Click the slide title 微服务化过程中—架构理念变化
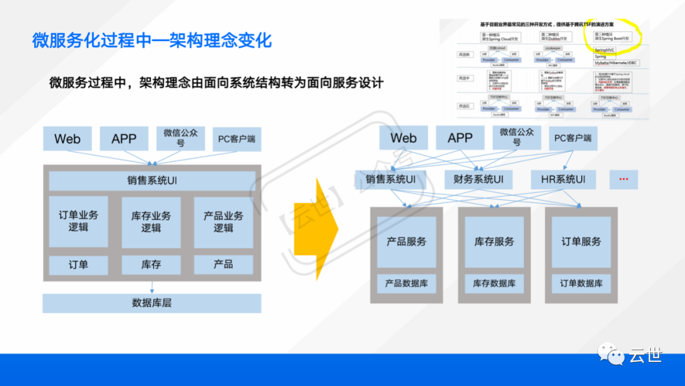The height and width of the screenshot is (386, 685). point(152,41)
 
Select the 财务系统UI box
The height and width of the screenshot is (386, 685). point(478,180)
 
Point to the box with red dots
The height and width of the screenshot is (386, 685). point(623,180)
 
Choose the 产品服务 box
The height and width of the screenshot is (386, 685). point(407,242)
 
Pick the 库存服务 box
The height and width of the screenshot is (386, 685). point(494,242)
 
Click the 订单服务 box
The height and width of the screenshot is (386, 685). point(581,242)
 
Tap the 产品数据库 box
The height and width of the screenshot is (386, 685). point(407,283)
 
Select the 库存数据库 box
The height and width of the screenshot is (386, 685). point(494,283)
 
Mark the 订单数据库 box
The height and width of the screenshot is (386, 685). point(581,283)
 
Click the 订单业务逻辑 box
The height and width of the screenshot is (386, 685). point(79,221)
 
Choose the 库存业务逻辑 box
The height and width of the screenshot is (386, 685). point(151,221)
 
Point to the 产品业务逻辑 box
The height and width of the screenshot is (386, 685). point(223,221)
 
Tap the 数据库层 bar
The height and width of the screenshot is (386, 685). point(152,303)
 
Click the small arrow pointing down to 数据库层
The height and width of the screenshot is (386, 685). point(152,287)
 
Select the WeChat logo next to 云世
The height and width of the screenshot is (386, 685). point(609,354)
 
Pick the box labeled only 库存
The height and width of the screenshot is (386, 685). point(151,265)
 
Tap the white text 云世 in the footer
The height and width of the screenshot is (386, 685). point(645,355)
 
